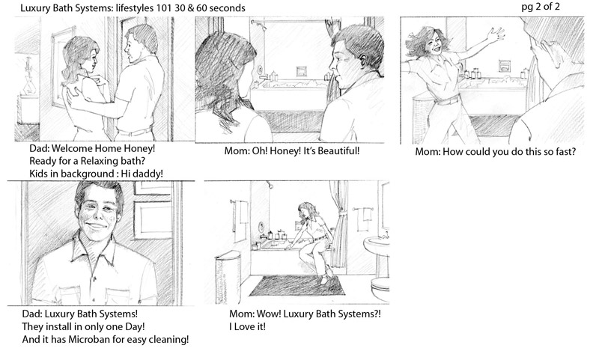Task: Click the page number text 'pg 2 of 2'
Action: pyautogui.click(x=541, y=7)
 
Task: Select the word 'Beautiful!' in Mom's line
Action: pyautogui.click(x=339, y=150)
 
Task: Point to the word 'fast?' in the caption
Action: pyautogui.click(x=565, y=151)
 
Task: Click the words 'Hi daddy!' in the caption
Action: pyautogui.click(x=142, y=174)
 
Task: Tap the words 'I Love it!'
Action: pyautogui.click(x=247, y=327)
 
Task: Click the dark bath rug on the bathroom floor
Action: pyautogui.click(x=297, y=285)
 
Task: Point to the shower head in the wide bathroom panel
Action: pyautogui.click(x=270, y=185)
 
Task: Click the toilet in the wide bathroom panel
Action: pyautogui.click(x=380, y=290)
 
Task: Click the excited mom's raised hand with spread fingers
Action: pyautogui.click(x=496, y=35)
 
